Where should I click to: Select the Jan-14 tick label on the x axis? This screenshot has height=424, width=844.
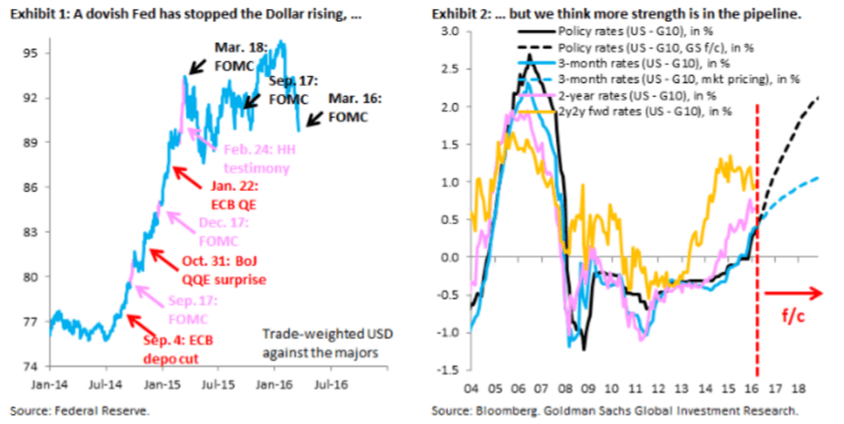point(51,385)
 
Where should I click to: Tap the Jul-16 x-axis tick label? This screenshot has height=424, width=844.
point(331,385)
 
